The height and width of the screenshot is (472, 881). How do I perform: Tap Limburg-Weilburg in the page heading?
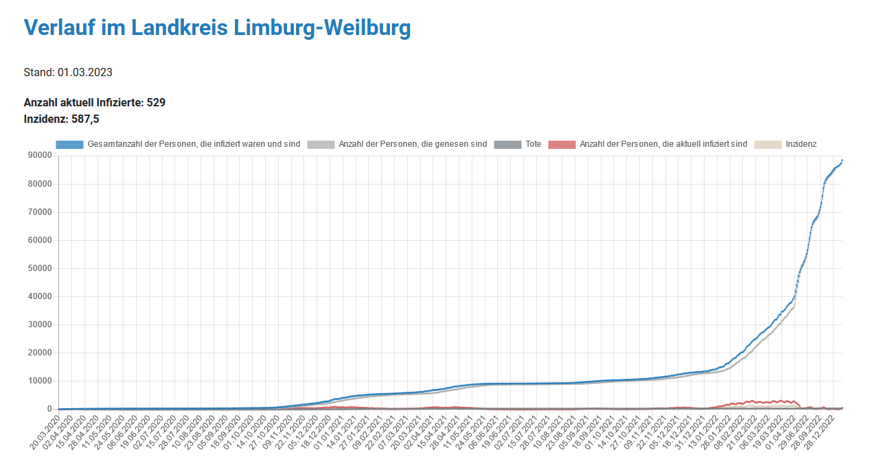point(322,27)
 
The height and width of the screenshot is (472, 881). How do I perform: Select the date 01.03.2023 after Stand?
point(85,72)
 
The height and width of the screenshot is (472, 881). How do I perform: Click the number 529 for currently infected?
point(156,103)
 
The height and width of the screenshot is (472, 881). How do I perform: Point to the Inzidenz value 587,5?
point(85,119)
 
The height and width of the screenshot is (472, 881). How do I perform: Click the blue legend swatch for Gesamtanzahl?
point(69,144)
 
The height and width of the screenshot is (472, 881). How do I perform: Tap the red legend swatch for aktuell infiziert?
point(562,144)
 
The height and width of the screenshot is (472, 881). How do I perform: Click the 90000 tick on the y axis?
point(40,156)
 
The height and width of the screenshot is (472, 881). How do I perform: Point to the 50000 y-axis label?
point(40,268)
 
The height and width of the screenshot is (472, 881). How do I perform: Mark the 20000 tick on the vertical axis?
point(40,353)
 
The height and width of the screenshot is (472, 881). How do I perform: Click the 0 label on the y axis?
point(49,409)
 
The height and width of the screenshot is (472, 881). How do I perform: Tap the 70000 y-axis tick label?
point(40,212)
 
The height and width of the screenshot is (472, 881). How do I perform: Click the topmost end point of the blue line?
point(842,161)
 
